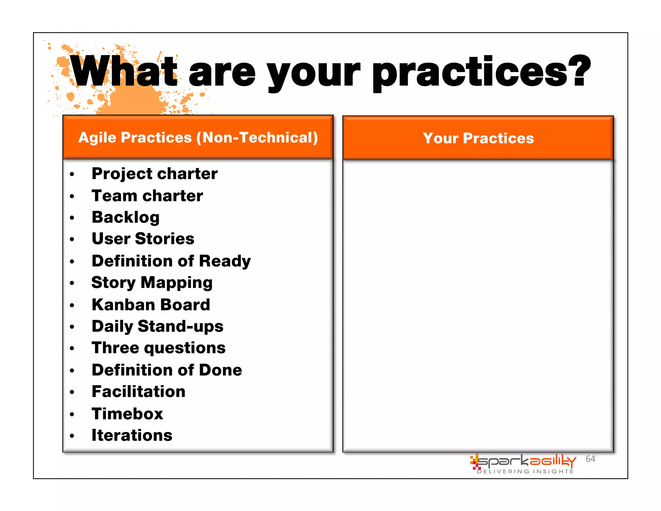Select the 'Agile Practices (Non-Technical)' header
tap(198, 138)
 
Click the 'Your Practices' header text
tap(478, 138)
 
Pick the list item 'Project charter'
tap(155, 174)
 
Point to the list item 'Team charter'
tap(147, 196)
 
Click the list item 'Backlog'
tap(126, 217)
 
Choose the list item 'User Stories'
tap(143, 239)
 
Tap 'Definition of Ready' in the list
tap(171, 261)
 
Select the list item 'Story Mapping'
tap(152, 283)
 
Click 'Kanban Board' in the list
tap(151, 305)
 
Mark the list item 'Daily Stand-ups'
tap(158, 326)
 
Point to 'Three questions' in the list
tap(158, 348)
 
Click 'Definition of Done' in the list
tap(167, 370)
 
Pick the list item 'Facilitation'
tap(138, 391)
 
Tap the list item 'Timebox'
tap(127, 414)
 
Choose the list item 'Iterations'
tap(132, 435)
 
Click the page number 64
tap(590, 459)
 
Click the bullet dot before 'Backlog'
tap(72, 218)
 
